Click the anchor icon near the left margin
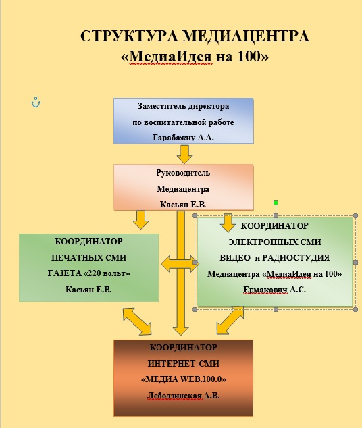point(36,102)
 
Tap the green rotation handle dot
point(276,203)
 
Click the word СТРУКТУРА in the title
point(129,36)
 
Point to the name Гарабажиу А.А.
point(183,137)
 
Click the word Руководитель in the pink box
point(183,173)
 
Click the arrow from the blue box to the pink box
point(184,154)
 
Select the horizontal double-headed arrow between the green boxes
point(180,264)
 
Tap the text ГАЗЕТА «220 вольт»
point(88,273)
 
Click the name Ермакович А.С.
point(274,290)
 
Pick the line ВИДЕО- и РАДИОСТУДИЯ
point(275,258)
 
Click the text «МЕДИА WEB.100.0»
point(184,379)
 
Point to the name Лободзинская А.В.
point(184,396)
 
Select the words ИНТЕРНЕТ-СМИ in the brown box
point(184,364)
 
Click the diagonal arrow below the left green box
point(137,321)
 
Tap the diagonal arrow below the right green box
point(230,321)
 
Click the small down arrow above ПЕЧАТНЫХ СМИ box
point(141,219)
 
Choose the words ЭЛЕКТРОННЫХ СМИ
point(275,242)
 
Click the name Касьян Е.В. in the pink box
point(183,205)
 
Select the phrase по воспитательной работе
point(183,122)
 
